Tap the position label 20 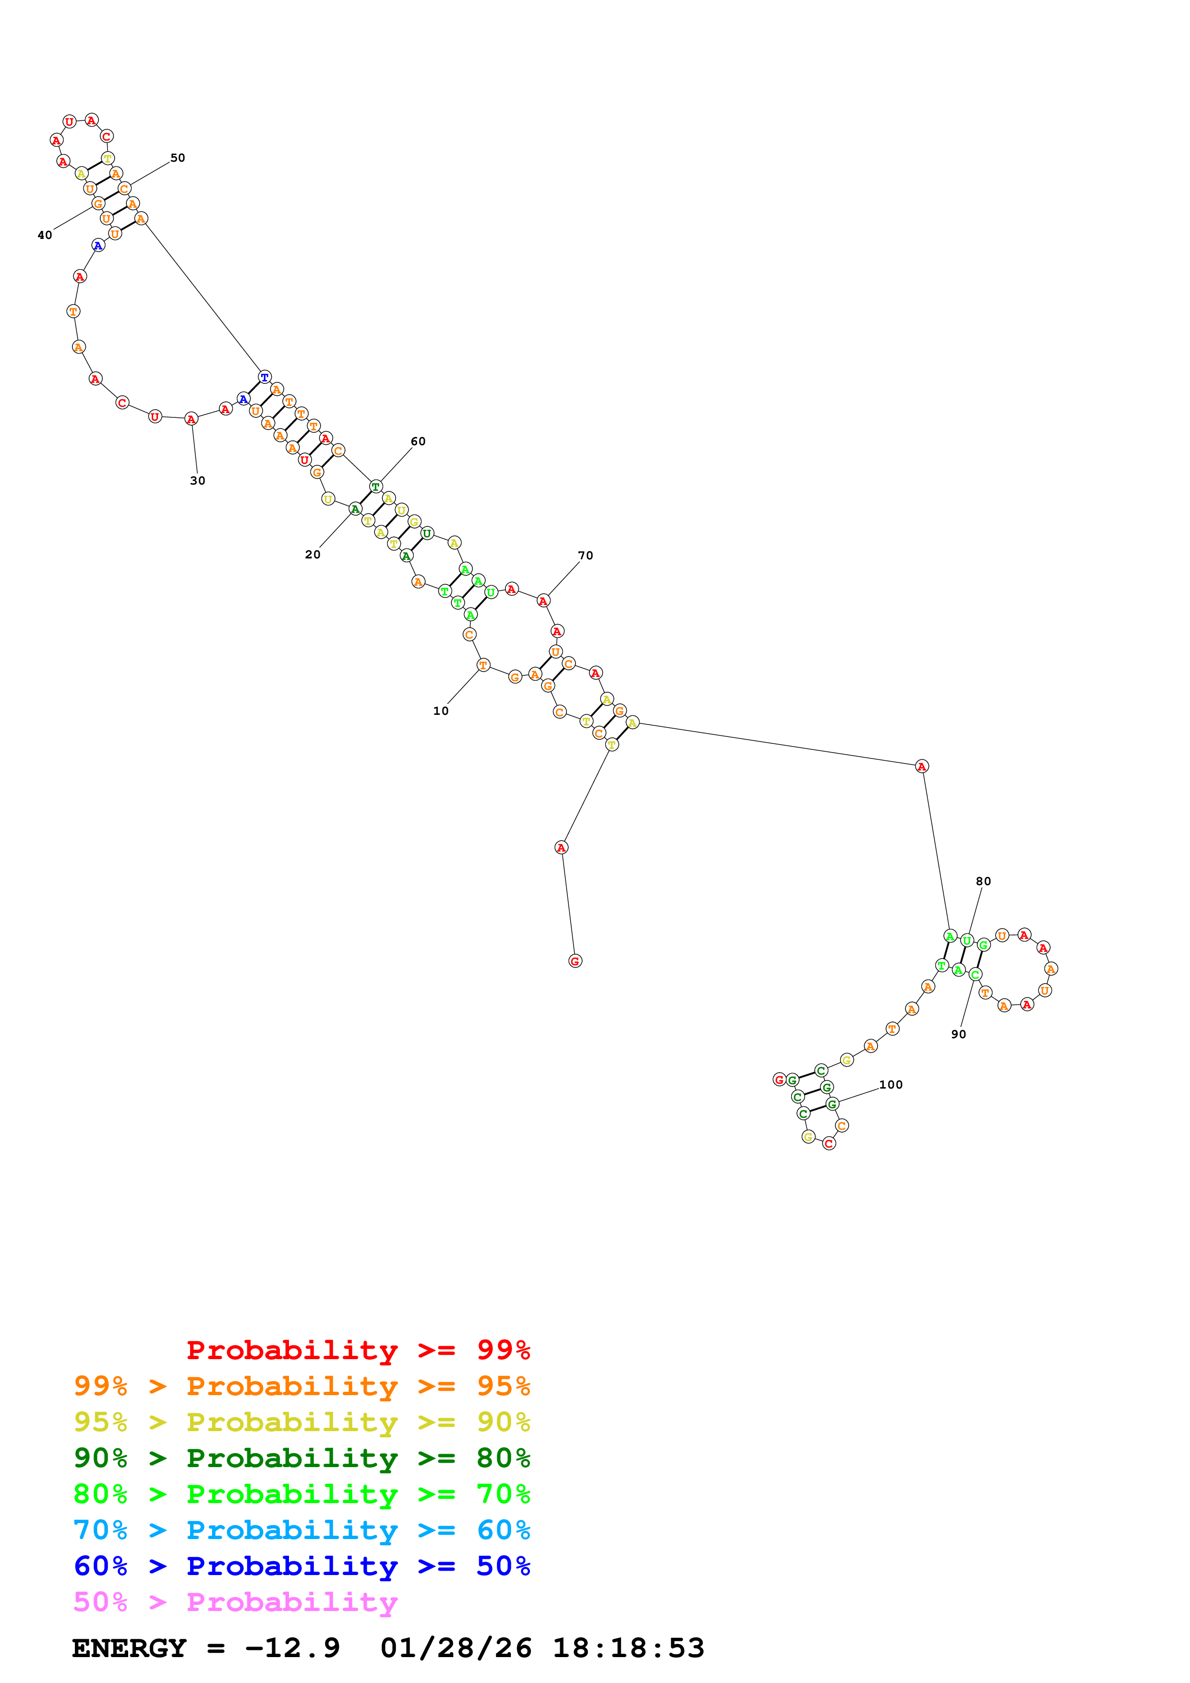pyautogui.click(x=313, y=555)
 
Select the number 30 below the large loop pyautogui.click(x=197, y=481)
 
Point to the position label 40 pyautogui.click(x=45, y=235)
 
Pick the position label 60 pyautogui.click(x=418, y=441)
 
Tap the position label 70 pyautogui.click(x=585, y=556)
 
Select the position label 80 pyautogui.click(x=983, y=881)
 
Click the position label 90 pyautogui.click(x=958, y=1034)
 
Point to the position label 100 pyautogui.click(x=891, y=1085)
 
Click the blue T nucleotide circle pyautogui.click(x=264, y=377)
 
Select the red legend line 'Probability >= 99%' pyautogui.click(x=358, y=1350)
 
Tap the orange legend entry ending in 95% pyautogui.click(x=301, y=1386)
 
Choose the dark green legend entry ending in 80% pyautogui.click(x=301, y=1458)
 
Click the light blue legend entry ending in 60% pyautogui.click(x=301, y=1530)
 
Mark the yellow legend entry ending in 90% pyautogui.click(x=301, y=1422)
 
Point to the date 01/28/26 pyautogui.click(x=456, y=1648)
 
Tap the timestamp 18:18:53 pyautogui.click(x=628, y=1648)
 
